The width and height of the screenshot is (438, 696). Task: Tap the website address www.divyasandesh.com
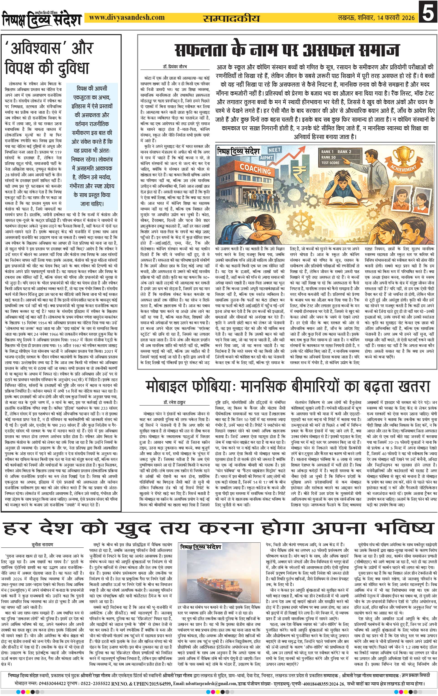point(127,18)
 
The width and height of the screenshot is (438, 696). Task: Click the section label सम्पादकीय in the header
point(231,18)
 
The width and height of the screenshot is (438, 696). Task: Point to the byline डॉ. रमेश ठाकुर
point(173,402)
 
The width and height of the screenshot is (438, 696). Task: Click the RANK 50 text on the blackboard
point(329,157)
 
